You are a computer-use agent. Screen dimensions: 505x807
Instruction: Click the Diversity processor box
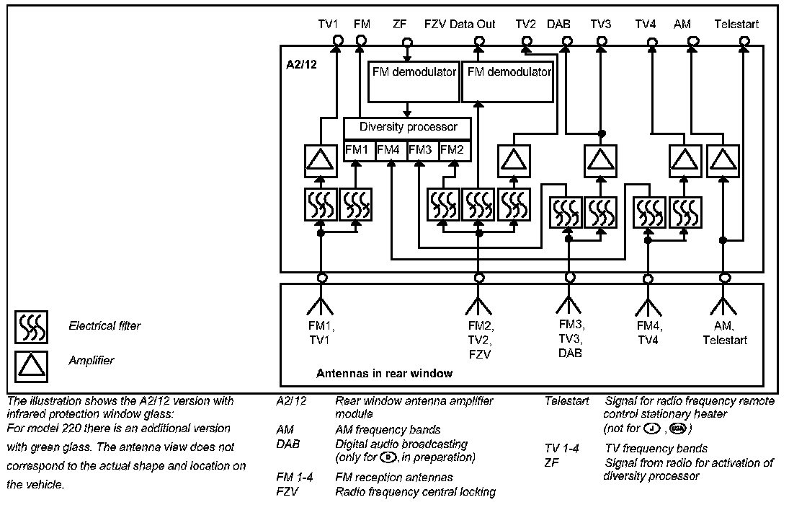[x=408, y=128]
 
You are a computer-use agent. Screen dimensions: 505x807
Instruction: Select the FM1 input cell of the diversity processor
[x=356, y=150]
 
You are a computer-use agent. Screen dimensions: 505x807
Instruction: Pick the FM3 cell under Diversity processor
[x=420, y=150]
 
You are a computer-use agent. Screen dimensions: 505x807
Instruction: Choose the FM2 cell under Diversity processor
[x=452, y=150]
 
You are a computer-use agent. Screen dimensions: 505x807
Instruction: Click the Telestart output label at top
[x=736, y=25]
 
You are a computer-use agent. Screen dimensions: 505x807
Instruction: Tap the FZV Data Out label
[x=460, y=25]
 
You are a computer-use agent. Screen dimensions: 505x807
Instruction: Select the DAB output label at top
[x=558, y=25]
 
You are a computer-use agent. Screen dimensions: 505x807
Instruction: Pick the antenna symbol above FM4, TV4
[x=648, y=303]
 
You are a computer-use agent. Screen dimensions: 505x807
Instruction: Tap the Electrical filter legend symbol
[x=32, y=326]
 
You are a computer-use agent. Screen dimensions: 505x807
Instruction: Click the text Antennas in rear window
[x=385, y=373]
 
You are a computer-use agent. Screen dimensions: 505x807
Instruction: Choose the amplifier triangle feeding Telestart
[x=722, y=160]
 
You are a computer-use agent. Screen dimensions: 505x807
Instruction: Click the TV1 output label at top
[x=329, y=25]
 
